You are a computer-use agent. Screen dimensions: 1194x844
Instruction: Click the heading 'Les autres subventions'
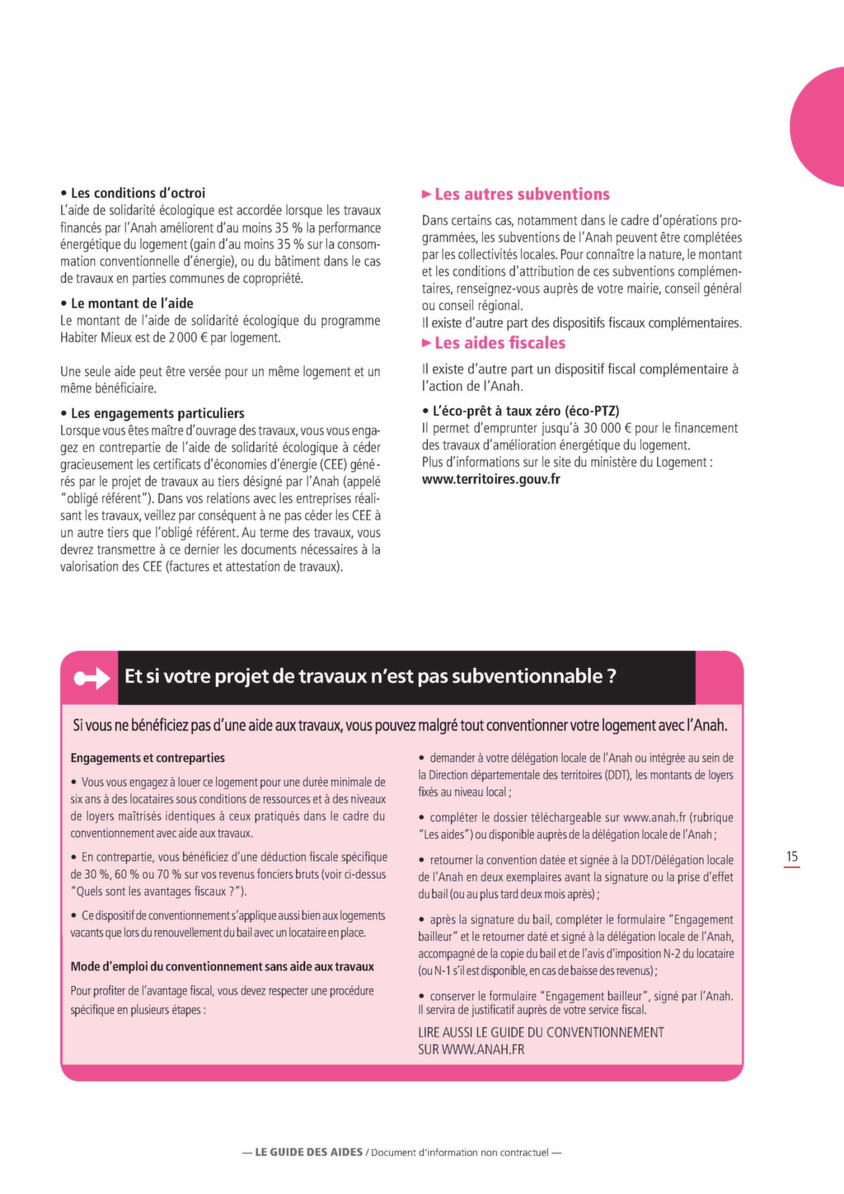point(522,195)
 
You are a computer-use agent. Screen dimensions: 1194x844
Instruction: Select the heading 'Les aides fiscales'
point(499,343)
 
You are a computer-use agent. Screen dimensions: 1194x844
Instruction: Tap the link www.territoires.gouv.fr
point(490,479)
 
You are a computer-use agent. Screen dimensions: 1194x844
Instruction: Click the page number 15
point(791,857)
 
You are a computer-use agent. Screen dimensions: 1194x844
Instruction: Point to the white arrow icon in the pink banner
point(91,678)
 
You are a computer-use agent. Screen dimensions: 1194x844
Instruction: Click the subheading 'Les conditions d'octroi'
point(138,193)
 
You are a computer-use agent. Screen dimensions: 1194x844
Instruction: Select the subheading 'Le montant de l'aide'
point(132,303)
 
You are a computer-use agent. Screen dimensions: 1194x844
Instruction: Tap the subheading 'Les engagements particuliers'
point(157,413)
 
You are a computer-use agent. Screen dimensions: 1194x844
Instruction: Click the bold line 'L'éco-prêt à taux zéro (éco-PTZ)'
point(526,411)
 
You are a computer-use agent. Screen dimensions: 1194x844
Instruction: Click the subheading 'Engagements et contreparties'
point(148,758)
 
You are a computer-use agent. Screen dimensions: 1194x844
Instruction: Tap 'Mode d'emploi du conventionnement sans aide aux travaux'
point(223,966)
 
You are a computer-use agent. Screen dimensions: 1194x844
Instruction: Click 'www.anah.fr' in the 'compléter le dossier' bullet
point(654,818)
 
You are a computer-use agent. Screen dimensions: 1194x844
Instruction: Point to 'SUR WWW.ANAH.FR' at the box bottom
point(471,1050)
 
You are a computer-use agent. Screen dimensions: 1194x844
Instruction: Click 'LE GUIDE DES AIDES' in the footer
point(308,1152)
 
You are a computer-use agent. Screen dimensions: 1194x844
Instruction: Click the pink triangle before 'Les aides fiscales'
point(427,343)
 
